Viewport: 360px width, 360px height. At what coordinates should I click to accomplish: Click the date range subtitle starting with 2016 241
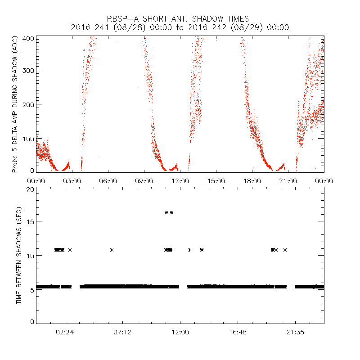180,27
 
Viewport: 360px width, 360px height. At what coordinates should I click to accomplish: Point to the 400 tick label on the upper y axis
29,39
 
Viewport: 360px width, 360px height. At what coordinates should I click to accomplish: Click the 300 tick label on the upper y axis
29,71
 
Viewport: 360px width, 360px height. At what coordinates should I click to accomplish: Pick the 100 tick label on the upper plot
29,138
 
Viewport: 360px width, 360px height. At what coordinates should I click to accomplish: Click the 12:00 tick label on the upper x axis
180,180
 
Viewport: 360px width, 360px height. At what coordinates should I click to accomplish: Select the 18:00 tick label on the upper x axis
252,180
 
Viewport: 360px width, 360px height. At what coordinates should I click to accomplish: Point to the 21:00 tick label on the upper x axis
288,180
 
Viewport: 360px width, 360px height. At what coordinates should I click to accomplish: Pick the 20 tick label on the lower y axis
31,189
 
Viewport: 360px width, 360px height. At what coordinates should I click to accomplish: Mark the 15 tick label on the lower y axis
31,221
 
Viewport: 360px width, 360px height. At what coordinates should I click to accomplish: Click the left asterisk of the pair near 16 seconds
166,212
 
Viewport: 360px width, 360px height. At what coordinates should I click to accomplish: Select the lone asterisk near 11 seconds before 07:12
112,250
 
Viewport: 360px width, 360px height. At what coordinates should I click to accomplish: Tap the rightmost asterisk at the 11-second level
285,250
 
